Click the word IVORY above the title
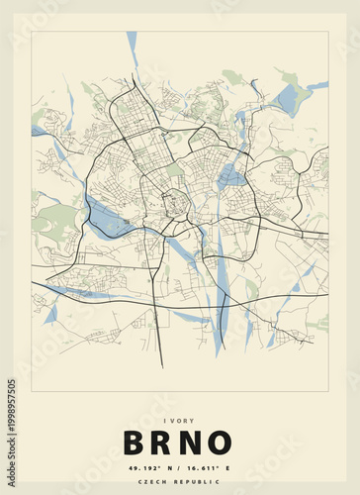[180, 419]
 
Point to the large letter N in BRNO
[194, 443]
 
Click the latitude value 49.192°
[145, 466]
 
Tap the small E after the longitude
[228, 466]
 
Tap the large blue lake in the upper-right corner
[287, 99]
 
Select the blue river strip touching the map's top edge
[132, 44]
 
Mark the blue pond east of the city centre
[230, 178]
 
